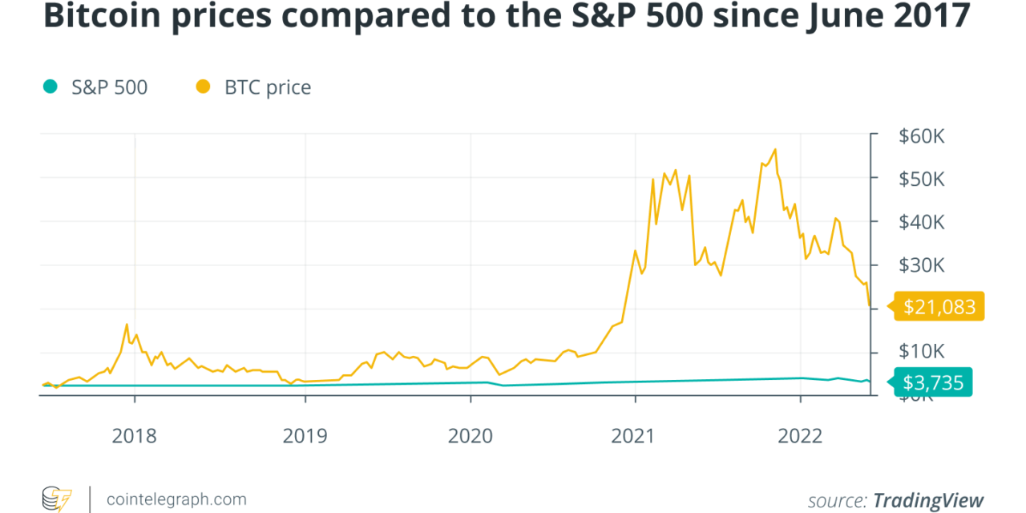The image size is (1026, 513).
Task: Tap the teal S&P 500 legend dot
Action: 50,87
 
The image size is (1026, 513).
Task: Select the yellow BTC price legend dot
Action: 203,87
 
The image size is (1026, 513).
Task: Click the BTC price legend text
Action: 268,87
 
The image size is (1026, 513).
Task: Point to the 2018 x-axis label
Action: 135,435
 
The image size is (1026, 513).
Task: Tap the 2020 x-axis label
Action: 471,435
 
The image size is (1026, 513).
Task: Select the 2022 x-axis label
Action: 800,435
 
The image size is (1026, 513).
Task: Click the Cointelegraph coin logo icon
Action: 56,499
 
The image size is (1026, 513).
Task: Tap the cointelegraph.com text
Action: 176,499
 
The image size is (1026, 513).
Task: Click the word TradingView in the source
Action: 927,500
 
